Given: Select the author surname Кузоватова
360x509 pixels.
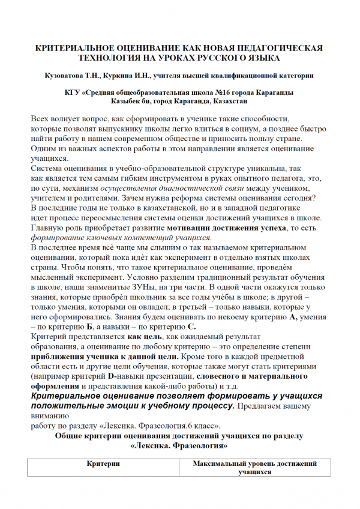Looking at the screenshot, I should click(x=64, y=76).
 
